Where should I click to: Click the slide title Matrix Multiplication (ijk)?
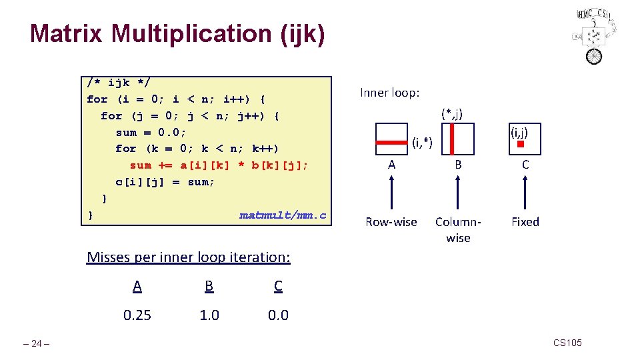[177, 33]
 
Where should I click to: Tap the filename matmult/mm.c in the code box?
[283, 215]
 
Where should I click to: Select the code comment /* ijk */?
[119, 83]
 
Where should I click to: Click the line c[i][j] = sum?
[165, 182]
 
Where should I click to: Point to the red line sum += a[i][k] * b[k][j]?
[219, 165]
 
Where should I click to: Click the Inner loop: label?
[390, 93]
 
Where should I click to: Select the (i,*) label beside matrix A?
[423, 141]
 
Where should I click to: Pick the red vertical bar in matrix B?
[452, 139]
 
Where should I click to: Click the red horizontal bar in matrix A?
[391, 142]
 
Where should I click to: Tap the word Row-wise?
[391, 222]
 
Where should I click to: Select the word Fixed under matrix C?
[525, 222]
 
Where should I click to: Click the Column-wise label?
[458, 229]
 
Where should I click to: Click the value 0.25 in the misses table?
[137, 315]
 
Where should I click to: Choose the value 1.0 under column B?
[209, 315]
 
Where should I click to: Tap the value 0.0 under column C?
[278, 315]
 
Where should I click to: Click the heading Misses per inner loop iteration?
[189, 257]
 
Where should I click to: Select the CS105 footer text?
[567, 343]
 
